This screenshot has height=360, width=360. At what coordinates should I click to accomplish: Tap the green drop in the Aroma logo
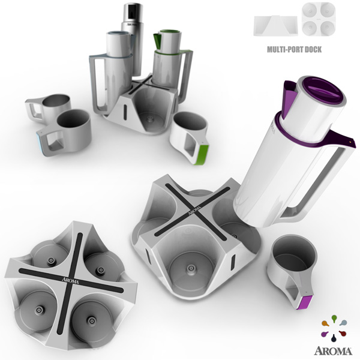(x=334, y=319)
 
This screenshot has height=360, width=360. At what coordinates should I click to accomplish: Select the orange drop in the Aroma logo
(x=325, y=323)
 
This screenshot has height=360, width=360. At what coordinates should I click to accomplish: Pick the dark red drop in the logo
(x=342, y=333)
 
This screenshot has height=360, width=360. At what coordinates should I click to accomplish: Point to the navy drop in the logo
(x=334, y=338)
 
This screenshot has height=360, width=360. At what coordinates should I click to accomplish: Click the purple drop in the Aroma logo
(x=325, y=334)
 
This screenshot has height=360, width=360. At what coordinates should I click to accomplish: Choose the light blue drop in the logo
(x=343, y=323)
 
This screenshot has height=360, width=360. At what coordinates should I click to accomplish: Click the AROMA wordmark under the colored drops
(x=333, y=351)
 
